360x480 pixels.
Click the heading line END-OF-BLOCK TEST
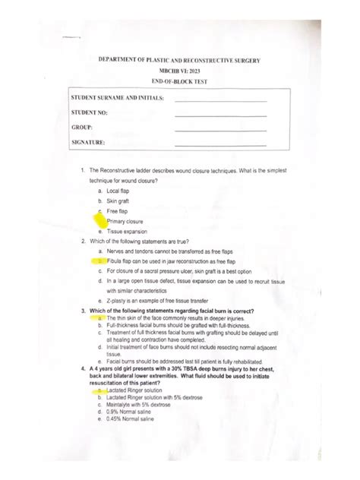coord(179,81)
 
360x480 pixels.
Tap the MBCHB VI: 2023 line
coord(179,70)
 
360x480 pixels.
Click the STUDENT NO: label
coord(90,113)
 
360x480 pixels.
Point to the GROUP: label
coord(81,128)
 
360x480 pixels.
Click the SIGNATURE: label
coord(89,142)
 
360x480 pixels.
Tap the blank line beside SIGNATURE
coord(220,144)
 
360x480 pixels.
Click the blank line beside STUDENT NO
coord(220,115)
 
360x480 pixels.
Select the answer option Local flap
coord(118,191)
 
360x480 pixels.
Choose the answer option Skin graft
coord(119,201)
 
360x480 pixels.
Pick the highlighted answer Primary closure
coord(125,221)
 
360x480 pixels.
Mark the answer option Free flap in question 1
coord(118,211)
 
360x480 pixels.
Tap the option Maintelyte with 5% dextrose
coord(139,405)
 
